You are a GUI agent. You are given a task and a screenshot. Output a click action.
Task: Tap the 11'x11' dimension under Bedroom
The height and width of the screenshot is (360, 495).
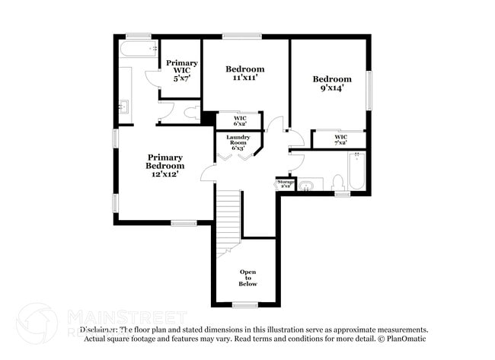pyautogui.click(x=245, y=78)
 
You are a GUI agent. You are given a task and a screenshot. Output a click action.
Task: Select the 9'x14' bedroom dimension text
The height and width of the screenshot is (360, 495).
pyautogui.click(x=332, y=88)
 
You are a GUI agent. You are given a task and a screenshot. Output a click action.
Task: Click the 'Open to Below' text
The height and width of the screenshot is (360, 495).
pyautogui.click(x=248, y=278)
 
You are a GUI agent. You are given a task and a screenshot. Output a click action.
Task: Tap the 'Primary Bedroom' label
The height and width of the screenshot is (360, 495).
pyautogui.click(x=165, y=162)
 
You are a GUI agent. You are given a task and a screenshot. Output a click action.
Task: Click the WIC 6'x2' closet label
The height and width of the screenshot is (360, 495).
pyautogui.click(x=239, y=120)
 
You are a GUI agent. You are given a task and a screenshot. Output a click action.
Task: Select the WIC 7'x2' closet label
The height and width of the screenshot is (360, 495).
pyautogui.click(x=340, y=139)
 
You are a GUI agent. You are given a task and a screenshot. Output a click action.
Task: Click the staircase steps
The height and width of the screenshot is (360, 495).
pyautogui.click(x=228, y=213)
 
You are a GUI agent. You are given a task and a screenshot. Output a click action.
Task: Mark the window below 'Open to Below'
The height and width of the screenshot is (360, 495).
pyautogui.click(x=244, y=305)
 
